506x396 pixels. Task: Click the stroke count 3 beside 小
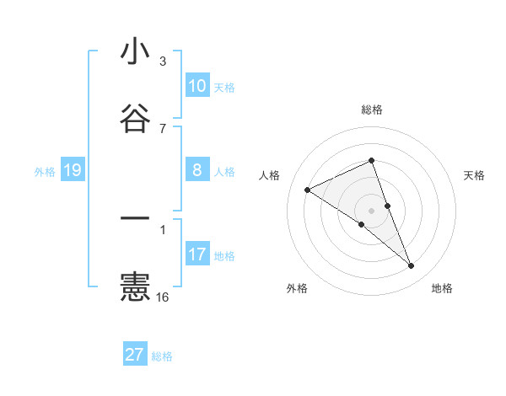[163, 62]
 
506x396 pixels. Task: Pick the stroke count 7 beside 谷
[163, 128]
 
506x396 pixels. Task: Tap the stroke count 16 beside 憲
[163, 297]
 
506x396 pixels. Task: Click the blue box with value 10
[197, 86]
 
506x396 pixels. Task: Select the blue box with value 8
[197, 170]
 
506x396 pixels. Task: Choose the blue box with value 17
[197, 254]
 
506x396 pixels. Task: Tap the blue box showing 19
[73, 171]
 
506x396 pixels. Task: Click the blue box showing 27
[135, 355]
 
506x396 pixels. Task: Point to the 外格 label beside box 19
[45, 172]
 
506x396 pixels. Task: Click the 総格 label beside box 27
[162, 356]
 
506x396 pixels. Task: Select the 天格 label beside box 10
[224, 88]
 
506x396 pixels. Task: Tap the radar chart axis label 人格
[269, 175]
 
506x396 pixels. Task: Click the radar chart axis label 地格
[442, 289]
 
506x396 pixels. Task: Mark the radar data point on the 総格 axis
[371, 160]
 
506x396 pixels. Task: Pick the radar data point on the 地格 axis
[412, 266]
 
